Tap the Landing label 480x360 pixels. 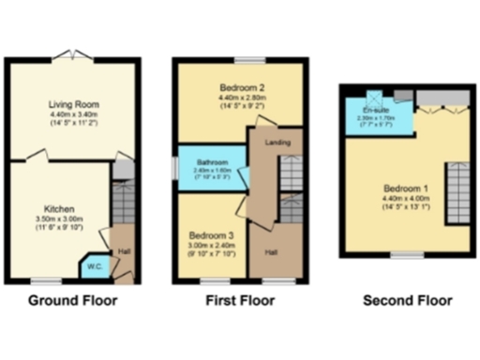tap(277, 142)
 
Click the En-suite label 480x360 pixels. tap(375, 110)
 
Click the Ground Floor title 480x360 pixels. tap(72, 302)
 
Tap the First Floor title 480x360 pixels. tap(240, 302)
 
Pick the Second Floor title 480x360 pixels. tap(407, 302)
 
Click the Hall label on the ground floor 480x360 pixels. tap(124, 252)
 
